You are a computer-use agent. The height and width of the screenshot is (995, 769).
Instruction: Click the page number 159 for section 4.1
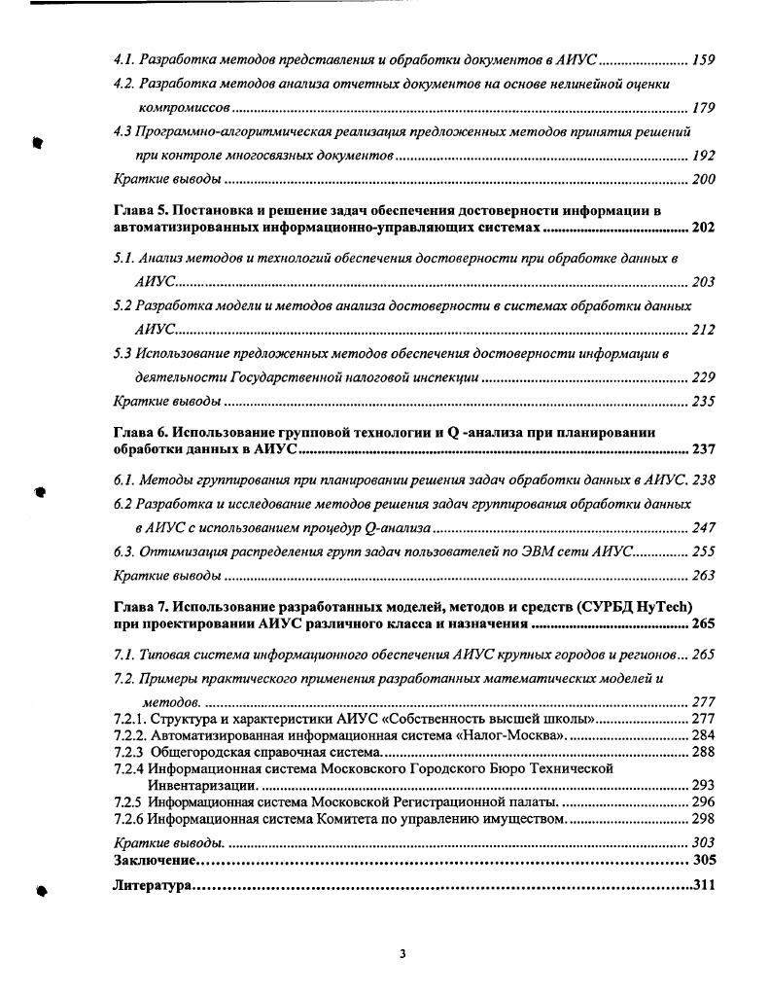tap(703, 60)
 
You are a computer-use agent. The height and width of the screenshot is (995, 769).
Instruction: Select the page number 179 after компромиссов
tap(703, 107)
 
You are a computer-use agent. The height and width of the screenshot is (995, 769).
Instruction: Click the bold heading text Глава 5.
tap(141, 210)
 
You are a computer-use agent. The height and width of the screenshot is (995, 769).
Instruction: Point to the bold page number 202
tap(703, 228)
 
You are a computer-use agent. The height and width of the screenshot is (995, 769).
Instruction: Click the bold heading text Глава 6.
tap(141, 433)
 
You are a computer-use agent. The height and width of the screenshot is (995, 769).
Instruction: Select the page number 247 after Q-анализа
tap(703, 528)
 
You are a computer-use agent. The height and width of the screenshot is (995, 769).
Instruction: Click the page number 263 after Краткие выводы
tap(703, 576)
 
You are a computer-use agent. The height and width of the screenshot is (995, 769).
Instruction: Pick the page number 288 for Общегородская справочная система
tap(703, 751)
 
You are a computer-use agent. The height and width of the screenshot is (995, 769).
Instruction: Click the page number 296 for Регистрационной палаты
tap(703, 802)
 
